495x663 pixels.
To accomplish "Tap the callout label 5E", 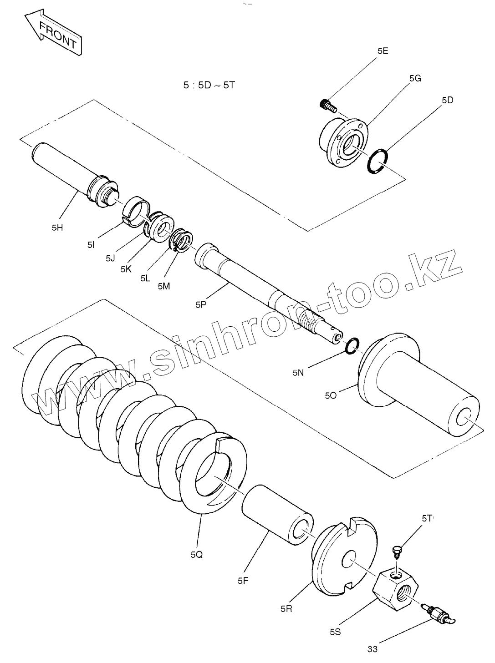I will click(383, 51).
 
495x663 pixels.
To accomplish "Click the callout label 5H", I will click(57, 228).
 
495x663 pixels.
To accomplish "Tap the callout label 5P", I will click(202, 305).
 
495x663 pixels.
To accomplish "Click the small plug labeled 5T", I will click(396, 552).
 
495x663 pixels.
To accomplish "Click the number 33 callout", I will click(372, 649).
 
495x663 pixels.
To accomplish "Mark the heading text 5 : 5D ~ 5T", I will click(209, 85).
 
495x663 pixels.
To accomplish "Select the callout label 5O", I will click(331, 396).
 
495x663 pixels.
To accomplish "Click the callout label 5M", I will click(163, 286).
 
